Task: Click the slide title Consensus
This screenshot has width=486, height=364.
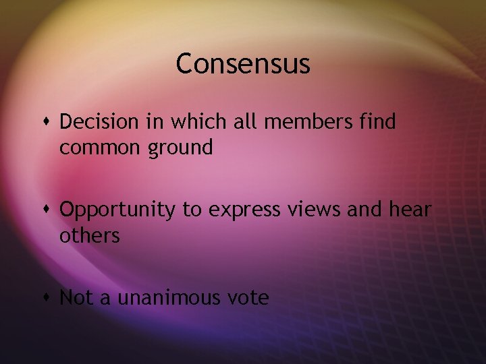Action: click(x=243, y=64)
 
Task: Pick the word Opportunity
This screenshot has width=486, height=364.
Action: click(x=117, y=211)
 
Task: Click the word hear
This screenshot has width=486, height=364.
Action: click(x=409, y=210)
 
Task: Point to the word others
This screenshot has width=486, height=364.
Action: click(x=90, y=236)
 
